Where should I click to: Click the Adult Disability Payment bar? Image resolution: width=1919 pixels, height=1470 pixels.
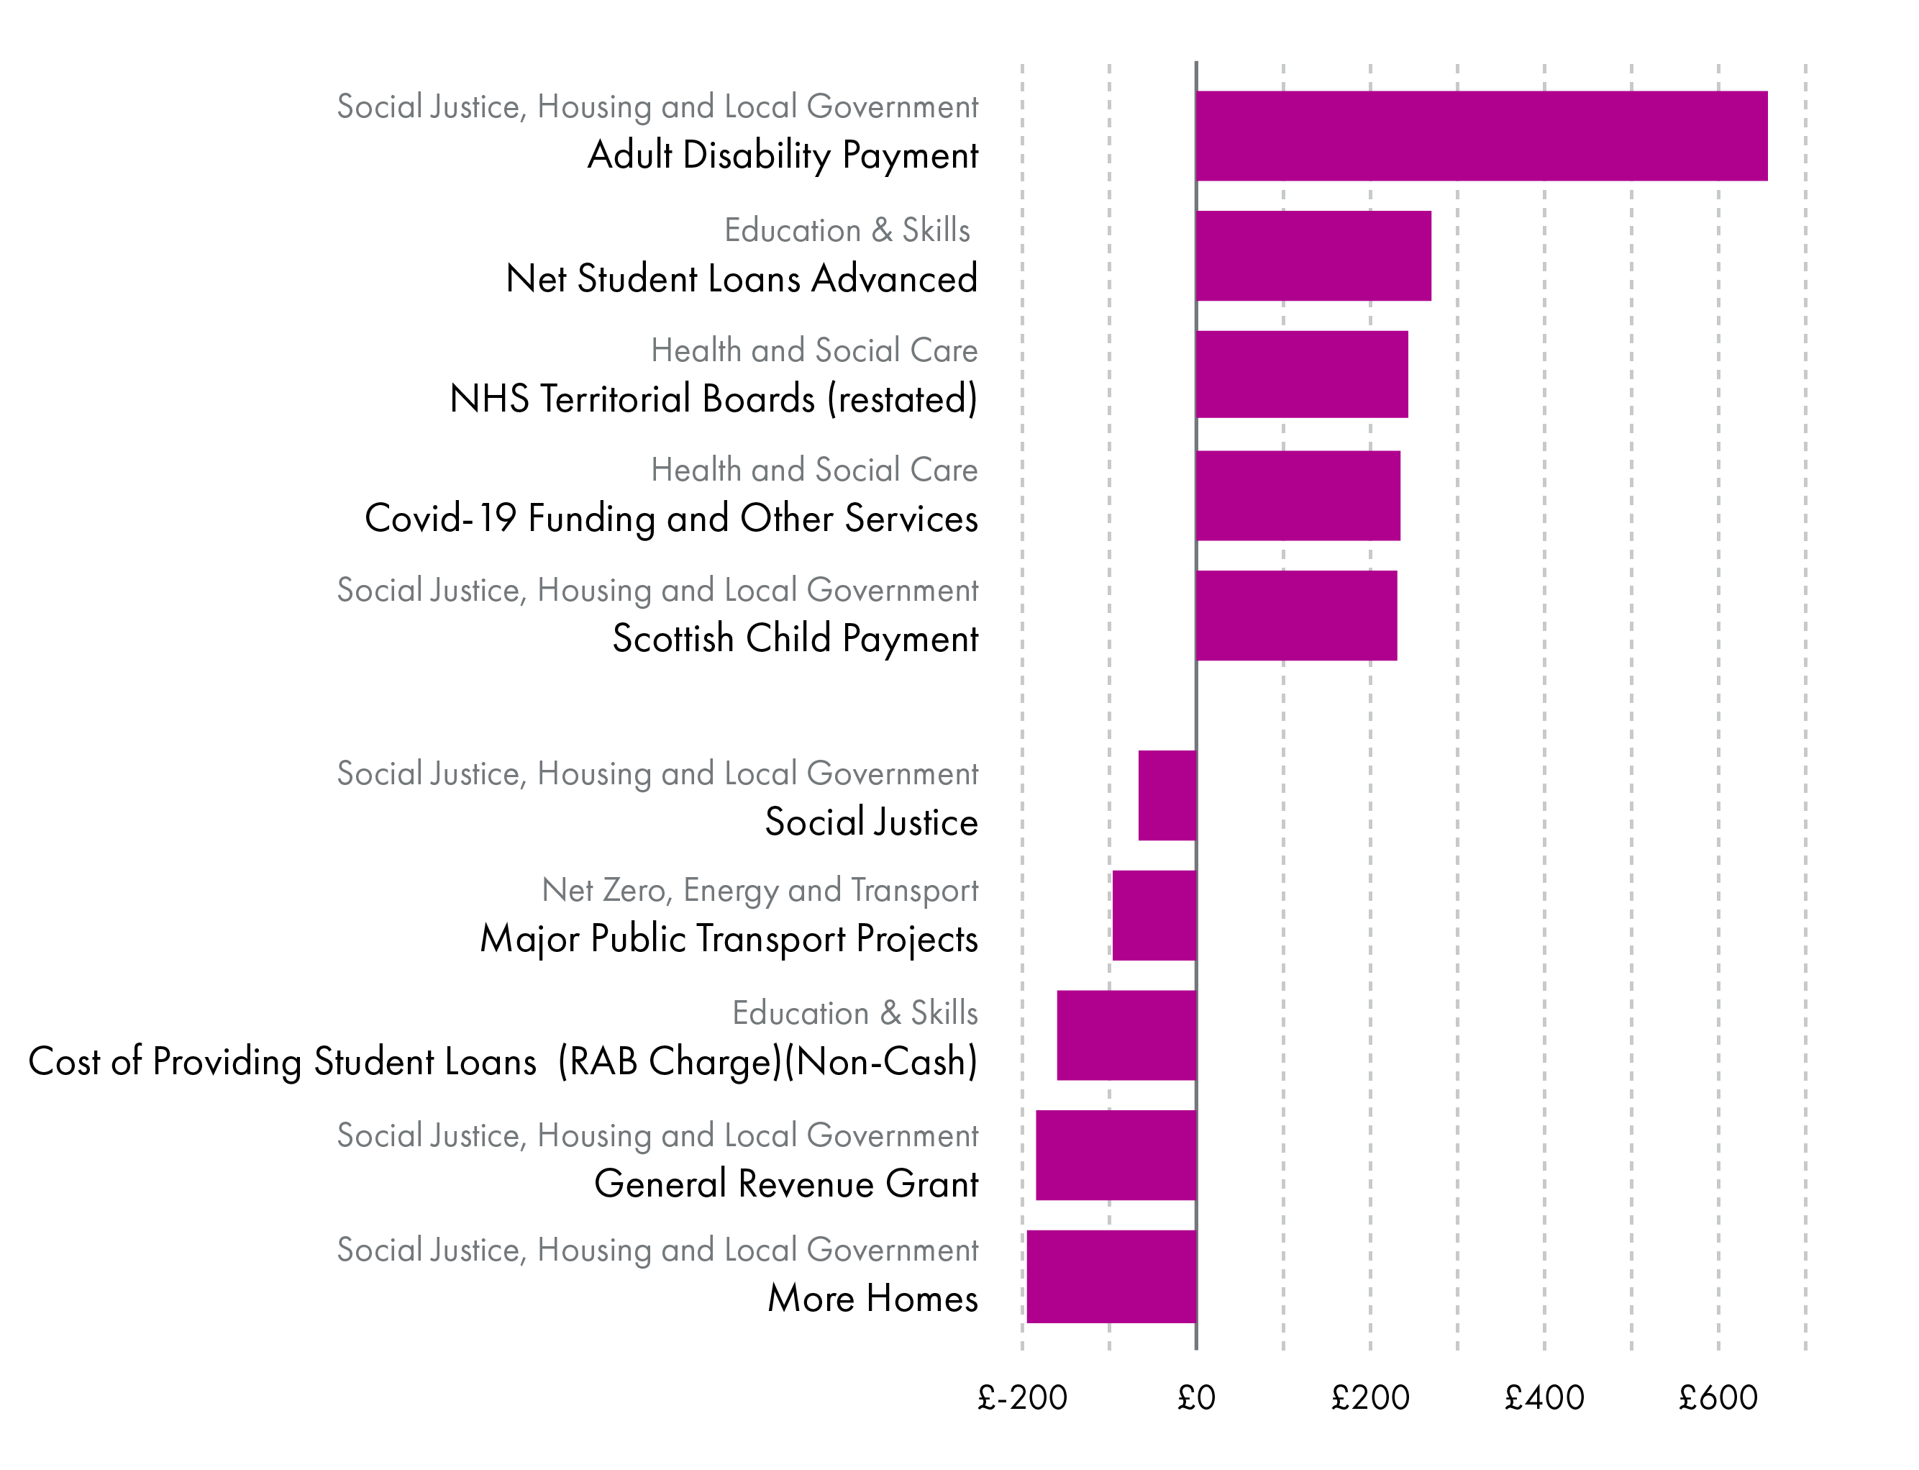[1481, 135]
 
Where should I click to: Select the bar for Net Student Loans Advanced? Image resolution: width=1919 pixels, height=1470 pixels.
[1313, 255]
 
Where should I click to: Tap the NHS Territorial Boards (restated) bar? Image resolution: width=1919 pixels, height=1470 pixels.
[1301, 374]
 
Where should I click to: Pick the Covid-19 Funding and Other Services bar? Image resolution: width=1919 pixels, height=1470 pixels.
[1297, 495]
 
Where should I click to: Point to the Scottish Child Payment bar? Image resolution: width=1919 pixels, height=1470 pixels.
[1295, 615]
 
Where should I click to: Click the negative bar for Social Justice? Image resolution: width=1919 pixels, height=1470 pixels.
[1167, 795]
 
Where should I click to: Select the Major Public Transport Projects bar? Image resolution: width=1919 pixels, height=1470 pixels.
[1154, 915]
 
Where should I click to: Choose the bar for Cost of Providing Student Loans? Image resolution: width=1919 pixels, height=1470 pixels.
[1126, 1035]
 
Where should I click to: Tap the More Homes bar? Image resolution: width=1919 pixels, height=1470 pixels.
[1111, 1276]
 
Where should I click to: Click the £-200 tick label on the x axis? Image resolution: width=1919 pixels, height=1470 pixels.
[1021, 1398]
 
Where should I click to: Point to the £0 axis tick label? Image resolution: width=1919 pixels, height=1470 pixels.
[1195, 1398]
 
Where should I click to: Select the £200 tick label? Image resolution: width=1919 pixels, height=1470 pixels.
[1369, 1398]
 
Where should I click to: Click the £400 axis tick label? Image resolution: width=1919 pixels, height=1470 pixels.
[1544, 1398]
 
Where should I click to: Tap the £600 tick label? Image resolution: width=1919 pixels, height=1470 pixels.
[1718, 1398]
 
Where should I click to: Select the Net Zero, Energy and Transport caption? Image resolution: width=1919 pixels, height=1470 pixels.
[760, 890]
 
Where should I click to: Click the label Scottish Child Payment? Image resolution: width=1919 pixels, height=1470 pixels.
[794, 639]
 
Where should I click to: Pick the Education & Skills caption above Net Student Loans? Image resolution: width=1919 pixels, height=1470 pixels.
[847, 230]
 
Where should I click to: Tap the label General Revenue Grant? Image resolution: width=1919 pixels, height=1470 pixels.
[785, 1184]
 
